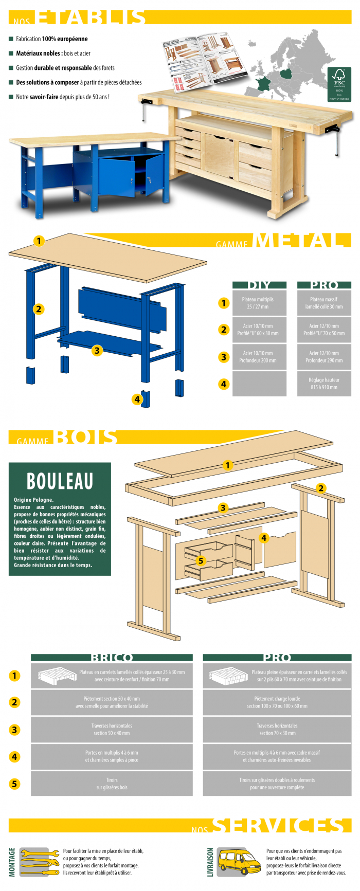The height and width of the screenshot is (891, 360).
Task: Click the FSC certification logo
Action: pyautogui.click(x=339, y=84)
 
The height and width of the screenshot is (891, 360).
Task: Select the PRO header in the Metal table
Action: pyautogui.click(x=324, y=285)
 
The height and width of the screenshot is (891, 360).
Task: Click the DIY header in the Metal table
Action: pyautogui.click(x=259, y=285)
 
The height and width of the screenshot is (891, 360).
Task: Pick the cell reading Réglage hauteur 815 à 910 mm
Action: pyautogui.click(x=324, y=384)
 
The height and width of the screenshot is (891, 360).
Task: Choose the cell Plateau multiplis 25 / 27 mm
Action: pyautogui.click(x=259, y=303)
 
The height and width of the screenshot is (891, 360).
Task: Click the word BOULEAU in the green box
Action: pyautogui.click(x=60, y=481)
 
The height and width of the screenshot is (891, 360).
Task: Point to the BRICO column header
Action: pyautogui.click(x=112, y=658)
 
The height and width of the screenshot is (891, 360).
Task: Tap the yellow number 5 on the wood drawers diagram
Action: pyautogui.click(x=201, y=560)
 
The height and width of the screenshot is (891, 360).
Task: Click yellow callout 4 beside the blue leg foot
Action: pyautogui.click(x=137, y=399)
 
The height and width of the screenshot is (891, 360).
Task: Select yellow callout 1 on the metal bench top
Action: pyautogui.click(x=39, y=241)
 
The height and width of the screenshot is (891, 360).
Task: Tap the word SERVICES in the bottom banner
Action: pyautogui.click(x=278, y=826)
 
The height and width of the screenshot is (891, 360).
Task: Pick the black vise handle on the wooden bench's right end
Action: pyautogui.click(x=336, y=141)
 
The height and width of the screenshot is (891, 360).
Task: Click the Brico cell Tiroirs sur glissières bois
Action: pyautogui.click(x=112, y=784)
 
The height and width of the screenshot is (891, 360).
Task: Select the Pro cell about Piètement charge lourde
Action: pyautogui.click(x=277, y=702)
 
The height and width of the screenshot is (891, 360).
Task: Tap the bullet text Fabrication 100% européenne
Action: pyautogui.click(x=51, y=39)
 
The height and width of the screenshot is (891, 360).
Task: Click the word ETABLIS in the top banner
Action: pyautogui.click(x=92, y=17)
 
